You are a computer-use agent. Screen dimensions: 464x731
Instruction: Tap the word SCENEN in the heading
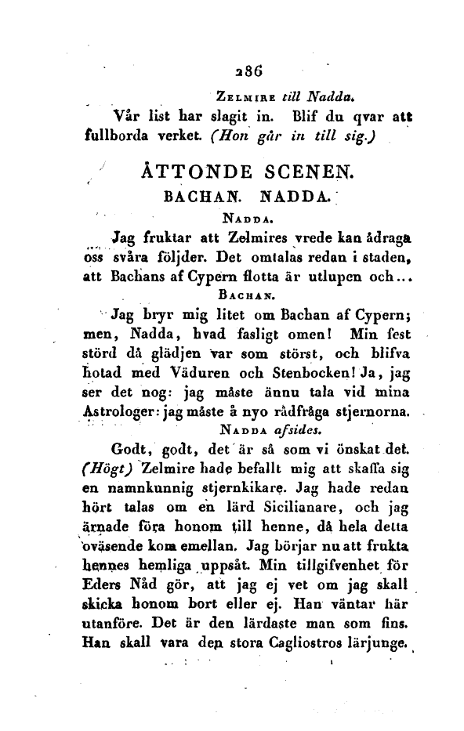pos(320,170)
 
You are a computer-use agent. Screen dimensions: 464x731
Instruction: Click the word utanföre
pos(110,627)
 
